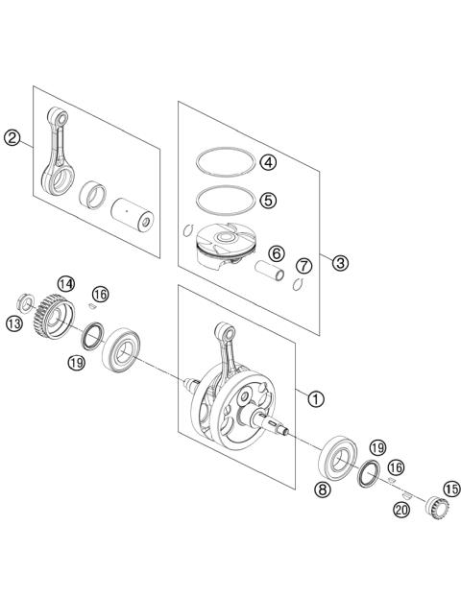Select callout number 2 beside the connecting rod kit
click(x=12, y=138)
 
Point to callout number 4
click(x=269, y=162)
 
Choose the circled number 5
click(x=269, y=200)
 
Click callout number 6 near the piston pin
click(x=275, y=254)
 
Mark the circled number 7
click(x=303, y=265)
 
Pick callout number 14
click(x=64, y=284)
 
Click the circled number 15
click(x=450, y=488)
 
